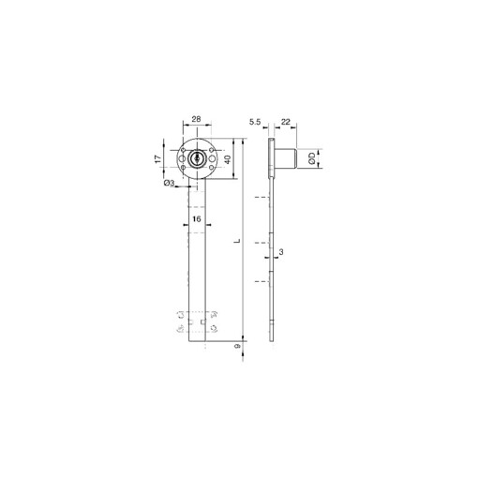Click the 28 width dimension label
(195, 120)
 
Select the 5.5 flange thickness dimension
(254, 122)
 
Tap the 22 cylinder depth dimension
(285, 122)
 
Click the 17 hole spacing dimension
(158, 161)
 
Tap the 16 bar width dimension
(195, 219)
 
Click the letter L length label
(237, 241)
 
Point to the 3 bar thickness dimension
(280, 254)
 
